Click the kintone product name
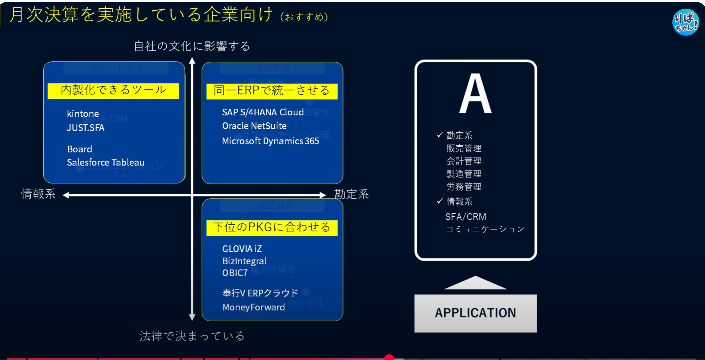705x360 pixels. pos(83,114)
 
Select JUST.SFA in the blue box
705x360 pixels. pos(85,128)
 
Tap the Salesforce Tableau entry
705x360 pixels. pos(105,163)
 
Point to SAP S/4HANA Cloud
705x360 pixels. pos(263,112)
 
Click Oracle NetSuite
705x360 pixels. pos(254,126)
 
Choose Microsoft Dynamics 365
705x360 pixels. pos(270,141)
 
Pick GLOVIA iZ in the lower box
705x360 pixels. pos(242,249)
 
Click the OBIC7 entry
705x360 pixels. pos(235,273)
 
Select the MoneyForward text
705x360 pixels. pos(253,307)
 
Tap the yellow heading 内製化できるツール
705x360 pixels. pos(113,90)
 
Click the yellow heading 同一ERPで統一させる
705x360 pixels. pos(272,91)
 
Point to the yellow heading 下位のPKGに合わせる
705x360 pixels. pos(272,228)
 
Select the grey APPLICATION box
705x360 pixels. pos(475,313)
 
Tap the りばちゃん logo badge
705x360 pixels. pos(685,22)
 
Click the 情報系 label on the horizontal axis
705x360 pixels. pos(38,194)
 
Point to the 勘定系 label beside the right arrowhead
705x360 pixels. pos(352,194)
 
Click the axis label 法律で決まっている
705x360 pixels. pos(192,336)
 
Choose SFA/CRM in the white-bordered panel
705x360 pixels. pos(466,217)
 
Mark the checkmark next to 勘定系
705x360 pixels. pos(440,135)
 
